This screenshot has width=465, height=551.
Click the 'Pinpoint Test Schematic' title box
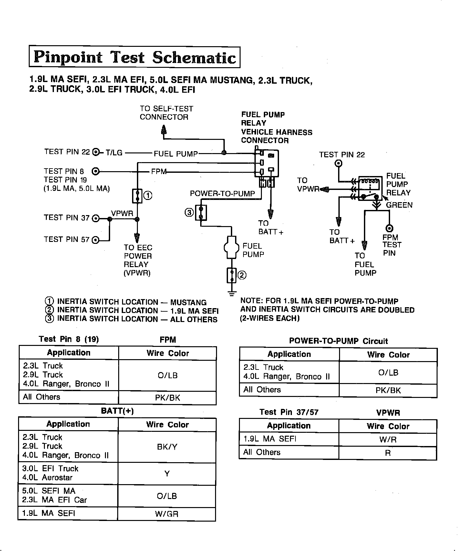135,57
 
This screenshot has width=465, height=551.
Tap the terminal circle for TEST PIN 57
96,240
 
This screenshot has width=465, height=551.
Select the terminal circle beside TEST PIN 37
96,219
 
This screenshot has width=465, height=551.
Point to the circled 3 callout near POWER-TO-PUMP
189,212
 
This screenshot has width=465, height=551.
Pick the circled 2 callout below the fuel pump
242,275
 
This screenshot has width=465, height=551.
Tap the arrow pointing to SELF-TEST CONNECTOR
164,130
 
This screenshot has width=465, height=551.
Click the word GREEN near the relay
399,205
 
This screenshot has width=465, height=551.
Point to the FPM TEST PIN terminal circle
390,229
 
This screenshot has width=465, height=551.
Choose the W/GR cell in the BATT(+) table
167,514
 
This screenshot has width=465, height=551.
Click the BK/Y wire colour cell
167,447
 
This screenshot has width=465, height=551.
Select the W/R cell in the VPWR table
388,440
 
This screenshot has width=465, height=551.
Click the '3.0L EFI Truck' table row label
50,469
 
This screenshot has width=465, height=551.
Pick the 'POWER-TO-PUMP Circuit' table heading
338,341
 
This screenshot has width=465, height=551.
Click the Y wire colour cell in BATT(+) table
167,474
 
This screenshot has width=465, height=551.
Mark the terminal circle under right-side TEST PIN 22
338,163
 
